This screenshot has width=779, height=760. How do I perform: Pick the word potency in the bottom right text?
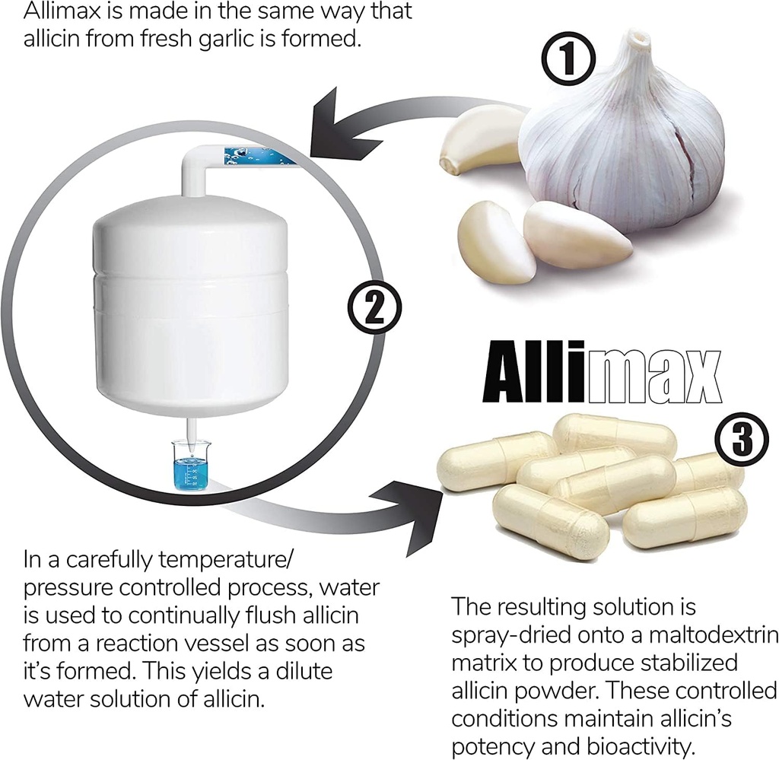tap(502, 745)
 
